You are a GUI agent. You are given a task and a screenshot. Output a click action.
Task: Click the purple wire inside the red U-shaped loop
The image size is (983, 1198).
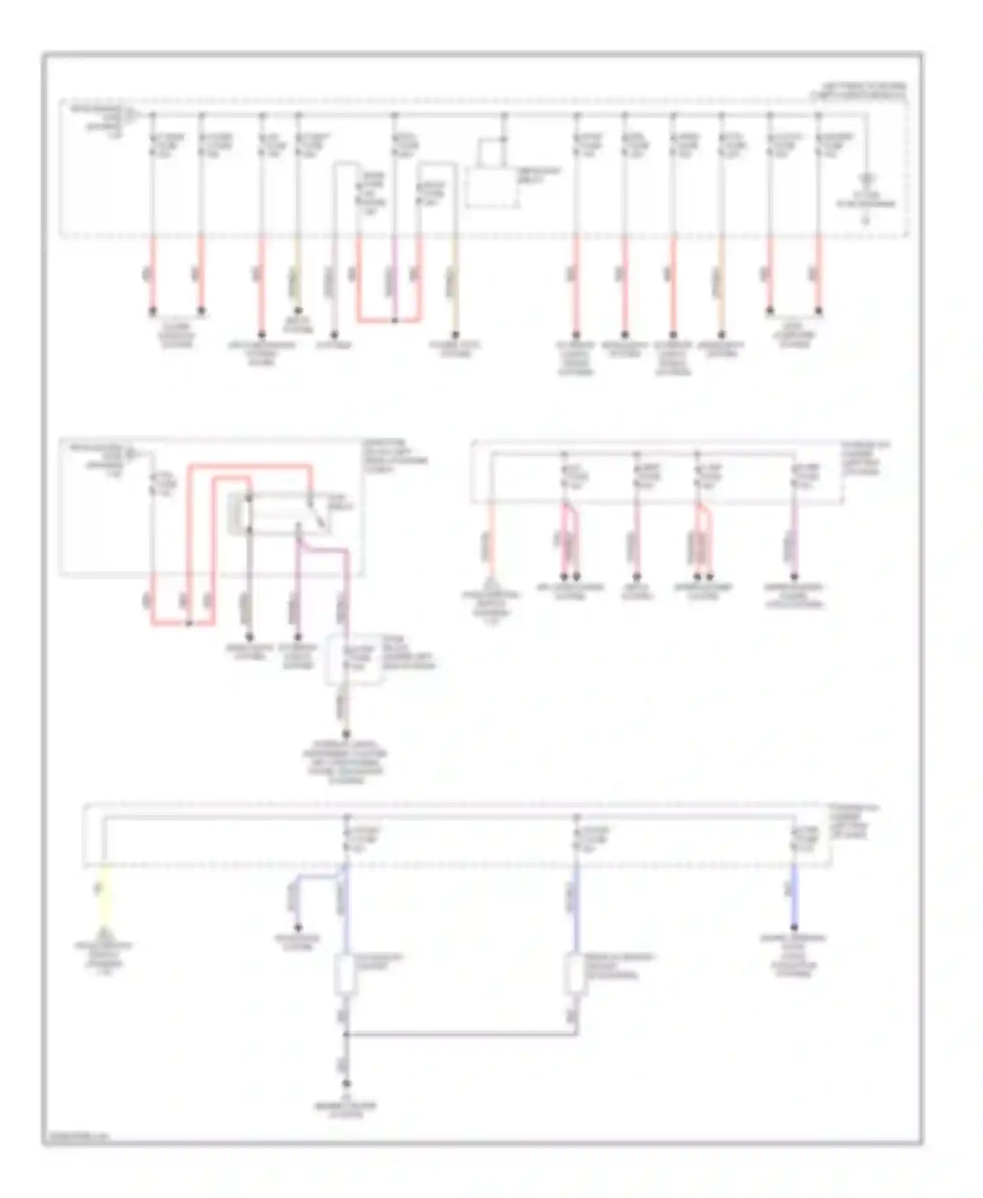(395, 279)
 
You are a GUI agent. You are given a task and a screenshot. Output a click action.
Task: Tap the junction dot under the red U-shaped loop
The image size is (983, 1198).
(395, 321)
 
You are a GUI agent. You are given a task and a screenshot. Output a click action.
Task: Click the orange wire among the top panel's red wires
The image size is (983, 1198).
(722, 275)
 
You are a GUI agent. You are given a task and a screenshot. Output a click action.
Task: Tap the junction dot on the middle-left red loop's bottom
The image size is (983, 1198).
(189, 623)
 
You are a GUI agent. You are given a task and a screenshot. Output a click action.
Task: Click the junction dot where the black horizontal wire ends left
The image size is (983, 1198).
(346, 1035)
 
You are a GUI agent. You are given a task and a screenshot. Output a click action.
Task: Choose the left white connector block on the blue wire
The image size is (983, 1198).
(345, 975)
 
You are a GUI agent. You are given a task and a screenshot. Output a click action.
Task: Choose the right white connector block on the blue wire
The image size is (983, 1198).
(575, 975)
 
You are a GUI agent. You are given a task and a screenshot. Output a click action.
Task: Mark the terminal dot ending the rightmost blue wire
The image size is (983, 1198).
(794, 927)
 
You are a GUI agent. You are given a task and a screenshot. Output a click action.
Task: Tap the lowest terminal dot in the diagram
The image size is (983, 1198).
(346, 1084)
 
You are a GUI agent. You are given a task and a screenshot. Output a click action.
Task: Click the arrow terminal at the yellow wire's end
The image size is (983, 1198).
(104, 931)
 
